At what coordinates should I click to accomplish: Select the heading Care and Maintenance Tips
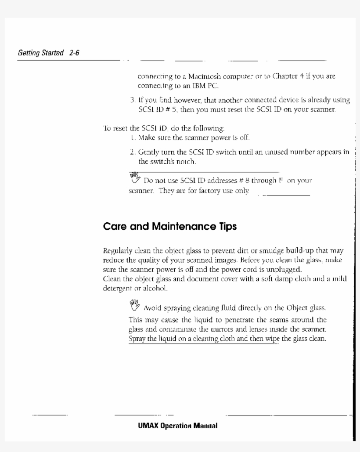169,227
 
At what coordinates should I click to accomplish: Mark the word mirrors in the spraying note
212,329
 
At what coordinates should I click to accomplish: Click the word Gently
149,152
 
